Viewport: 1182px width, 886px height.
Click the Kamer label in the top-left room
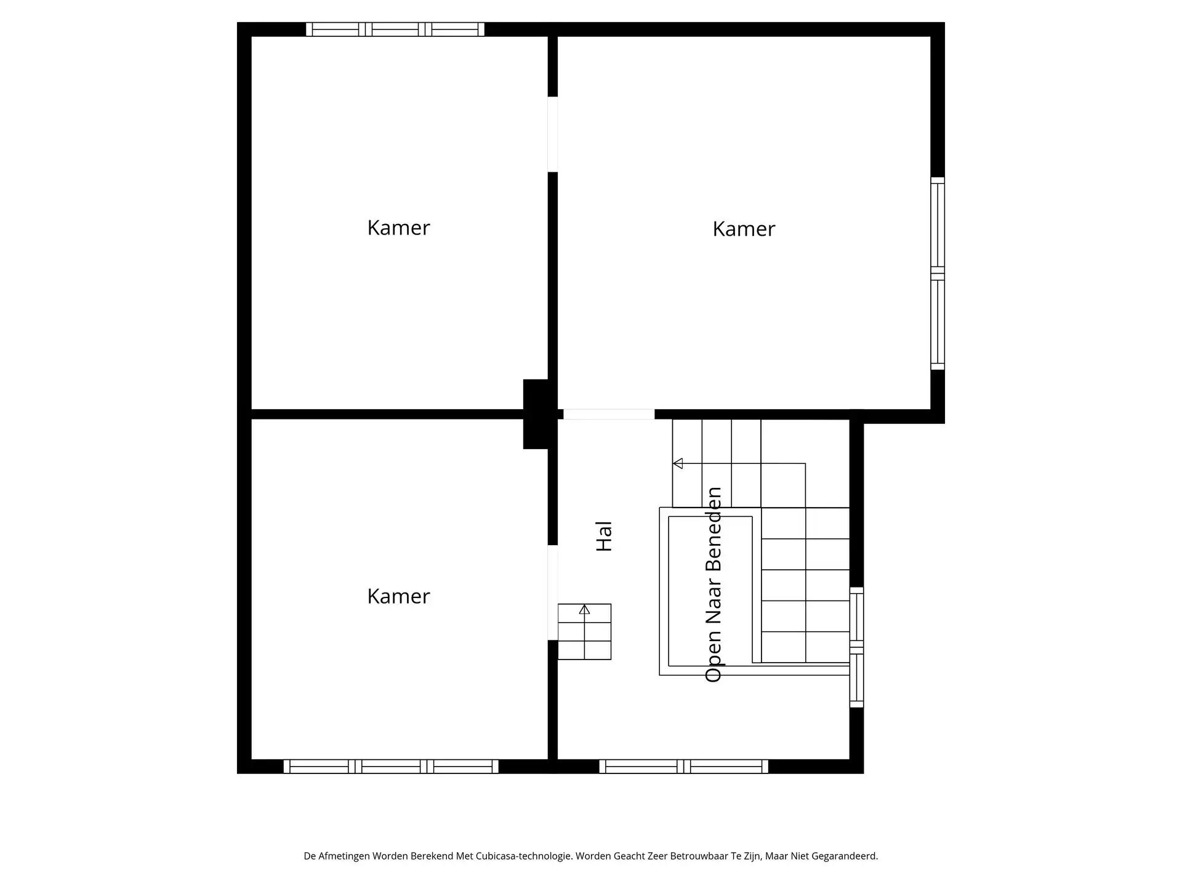[398, 228]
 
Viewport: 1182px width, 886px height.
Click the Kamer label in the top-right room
[744, 229]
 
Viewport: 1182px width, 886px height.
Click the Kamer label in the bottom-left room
[398, 596]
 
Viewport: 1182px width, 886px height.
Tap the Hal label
[604, 536]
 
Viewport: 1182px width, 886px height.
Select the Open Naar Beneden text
[713, 585]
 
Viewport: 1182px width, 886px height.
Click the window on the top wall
[395, 30]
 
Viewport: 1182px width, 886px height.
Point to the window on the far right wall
[937, 274]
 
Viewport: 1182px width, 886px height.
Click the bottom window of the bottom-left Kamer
[391, 766]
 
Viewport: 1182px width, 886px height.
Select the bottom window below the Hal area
[683, 766]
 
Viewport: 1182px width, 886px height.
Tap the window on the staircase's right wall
[856, 647]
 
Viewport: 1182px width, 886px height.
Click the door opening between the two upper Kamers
[553, 134]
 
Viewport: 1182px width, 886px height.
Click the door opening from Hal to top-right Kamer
[609, 415]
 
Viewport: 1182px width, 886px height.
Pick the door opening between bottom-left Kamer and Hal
[553, 593]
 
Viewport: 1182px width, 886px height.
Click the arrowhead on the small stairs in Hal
[584, 610]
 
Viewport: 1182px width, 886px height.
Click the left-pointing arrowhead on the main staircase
[678, 463]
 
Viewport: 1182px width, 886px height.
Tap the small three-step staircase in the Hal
[584, 632]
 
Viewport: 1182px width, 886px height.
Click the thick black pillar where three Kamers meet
[536, 413]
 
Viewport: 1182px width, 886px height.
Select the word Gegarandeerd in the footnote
[844, 856]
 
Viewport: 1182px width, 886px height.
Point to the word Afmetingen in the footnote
[345, 856]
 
